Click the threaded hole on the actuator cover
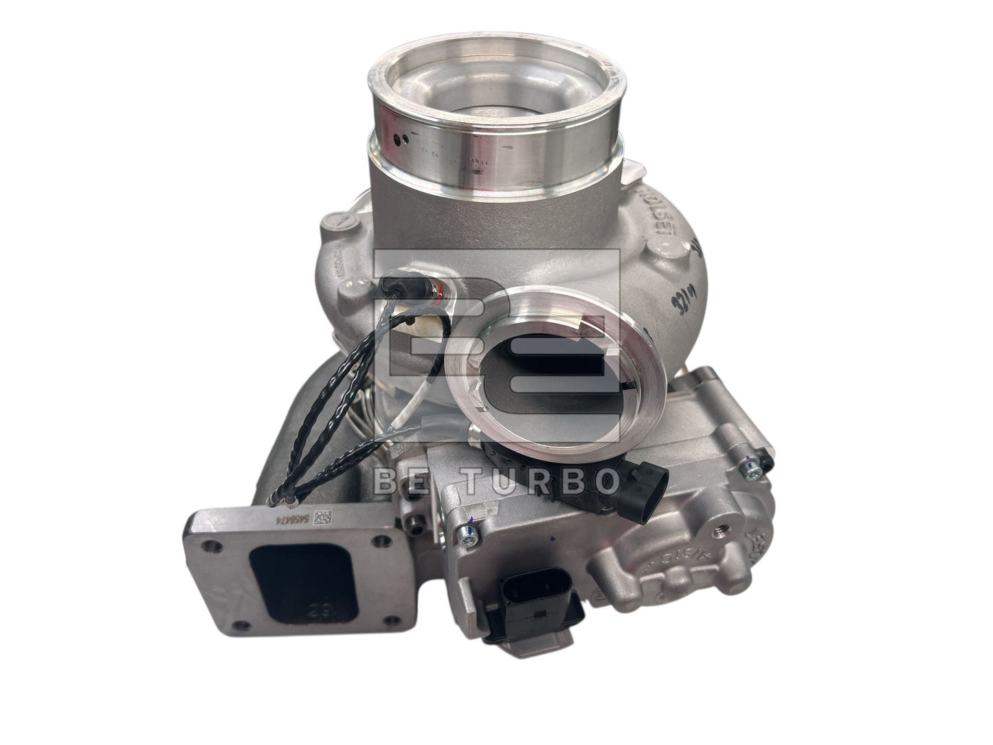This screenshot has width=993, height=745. [720, 531]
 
